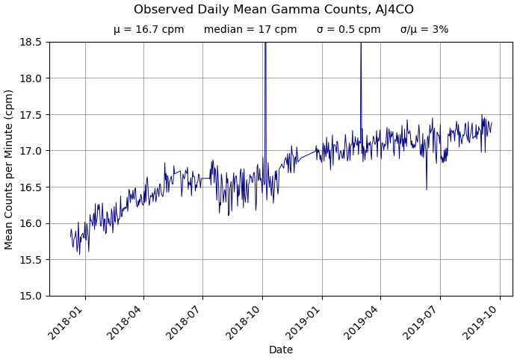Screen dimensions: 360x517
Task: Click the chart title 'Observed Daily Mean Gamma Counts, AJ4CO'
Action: pyautogui.click(x=273, y=10)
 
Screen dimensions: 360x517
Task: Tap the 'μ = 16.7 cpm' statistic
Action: pyautogui.click(x=149, y=30)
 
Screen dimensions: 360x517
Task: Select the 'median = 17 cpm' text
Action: pyautogui.click(x=250, y=30)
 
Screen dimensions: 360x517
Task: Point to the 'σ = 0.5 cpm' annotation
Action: pyautogui.click(x=348, y=30)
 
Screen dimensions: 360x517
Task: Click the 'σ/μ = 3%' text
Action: pyautogui.click(x=424, y=30)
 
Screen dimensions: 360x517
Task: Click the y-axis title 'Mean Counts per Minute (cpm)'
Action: pyautogui.click(x=10, y=169)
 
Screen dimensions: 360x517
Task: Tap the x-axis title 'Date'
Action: pyautogui.click(x=281, y=350)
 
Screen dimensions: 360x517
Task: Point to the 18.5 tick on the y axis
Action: pyautogui.click(x=30, y=42)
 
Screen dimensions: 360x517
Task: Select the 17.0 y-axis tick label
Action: pyautogui.click(x=30, y=151)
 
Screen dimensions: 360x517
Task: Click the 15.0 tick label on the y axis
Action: pyautogui.click(x=30, y=296)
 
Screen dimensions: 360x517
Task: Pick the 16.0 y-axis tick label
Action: pyautogui.click(x=30, y=223)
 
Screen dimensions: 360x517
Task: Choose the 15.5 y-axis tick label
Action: pyautogui.click(x=30, y=260)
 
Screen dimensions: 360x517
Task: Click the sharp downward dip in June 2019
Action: pyautogui.click(x=427, y=187)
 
